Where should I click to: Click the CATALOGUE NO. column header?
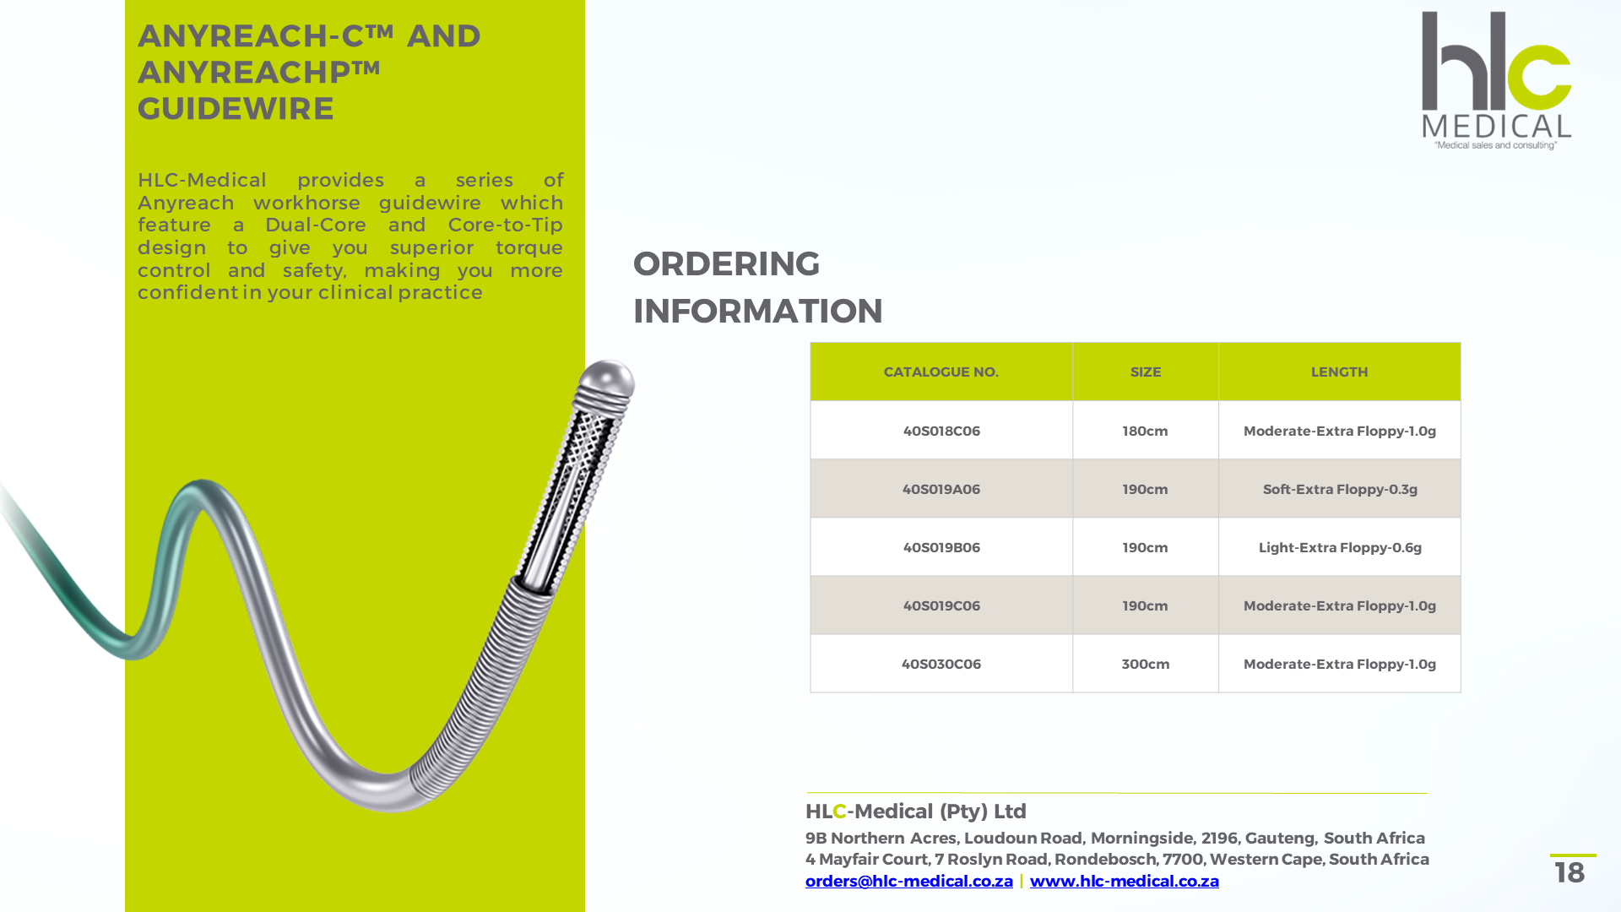941,372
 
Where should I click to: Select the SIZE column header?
1145,372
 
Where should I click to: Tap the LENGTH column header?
1339,372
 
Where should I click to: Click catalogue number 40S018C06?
941,431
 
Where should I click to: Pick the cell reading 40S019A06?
941,489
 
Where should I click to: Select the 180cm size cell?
1145,431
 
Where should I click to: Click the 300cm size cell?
1145,664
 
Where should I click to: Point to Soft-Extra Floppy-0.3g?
1339,489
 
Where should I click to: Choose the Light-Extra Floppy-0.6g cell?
1339,547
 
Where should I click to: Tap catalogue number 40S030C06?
941,664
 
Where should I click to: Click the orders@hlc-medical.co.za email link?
908,881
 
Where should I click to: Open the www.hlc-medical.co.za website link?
1124,881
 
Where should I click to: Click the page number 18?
1569,872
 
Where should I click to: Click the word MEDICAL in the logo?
1496,127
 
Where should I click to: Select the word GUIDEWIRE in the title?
236,109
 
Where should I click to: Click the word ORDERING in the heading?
726,263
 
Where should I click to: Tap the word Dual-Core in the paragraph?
315,225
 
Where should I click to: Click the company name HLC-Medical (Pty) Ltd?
915,812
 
